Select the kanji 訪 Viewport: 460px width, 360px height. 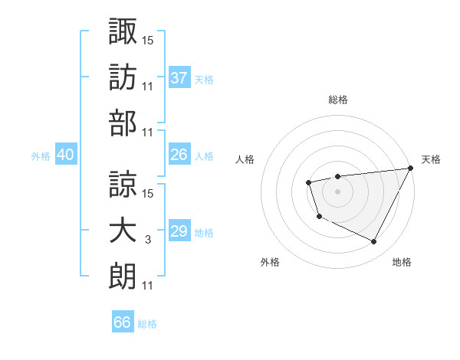tap(123, 77)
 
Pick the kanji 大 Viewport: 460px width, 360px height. tap(123, 231)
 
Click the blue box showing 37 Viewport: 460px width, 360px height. tap(179, 78)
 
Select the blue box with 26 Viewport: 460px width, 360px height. tap(179, 155)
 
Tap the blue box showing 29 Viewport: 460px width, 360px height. tap(179, 231)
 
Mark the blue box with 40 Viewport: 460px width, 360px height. tap(65, 155)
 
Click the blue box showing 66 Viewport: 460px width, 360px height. tap(123, 322)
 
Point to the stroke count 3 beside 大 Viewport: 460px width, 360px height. tap(147, 240)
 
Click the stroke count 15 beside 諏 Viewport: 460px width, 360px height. tap(148, 39)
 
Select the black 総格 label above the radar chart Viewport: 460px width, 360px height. tap(338, 100)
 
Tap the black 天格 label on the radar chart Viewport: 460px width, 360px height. tap(431, 159)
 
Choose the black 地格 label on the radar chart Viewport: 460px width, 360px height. tap(402, 263)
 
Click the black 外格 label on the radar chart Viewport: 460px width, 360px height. tap(270, 263)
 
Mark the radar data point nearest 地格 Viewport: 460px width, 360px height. tap(374, 242)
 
